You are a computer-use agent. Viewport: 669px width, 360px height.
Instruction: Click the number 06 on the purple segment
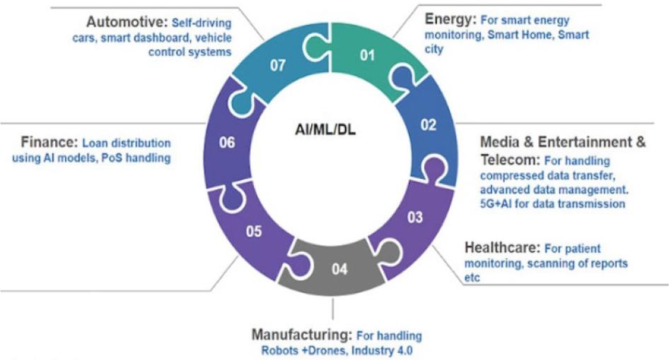tap(226, 142)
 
